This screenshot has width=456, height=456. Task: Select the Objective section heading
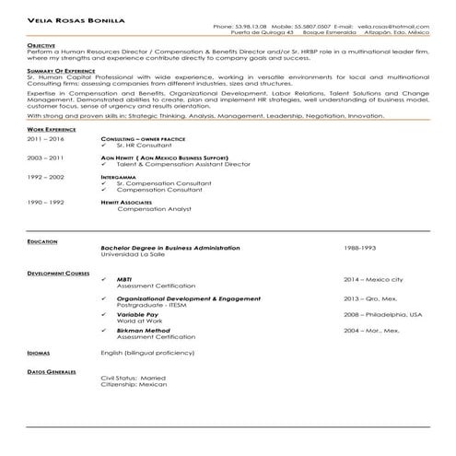pyautogui.click(x=41, y=44)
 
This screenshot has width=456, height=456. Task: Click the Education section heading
pyautogui.click(x=42, y=241)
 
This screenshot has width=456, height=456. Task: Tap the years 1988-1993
pyautogui.click(x=360, y=248)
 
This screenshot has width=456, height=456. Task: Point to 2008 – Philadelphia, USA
pyautogui.click(x=382, y=314)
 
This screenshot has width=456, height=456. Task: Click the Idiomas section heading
pyautogui.click(x=40, y=352)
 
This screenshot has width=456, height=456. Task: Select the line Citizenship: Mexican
pyautogui.click(x=132, y=384)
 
